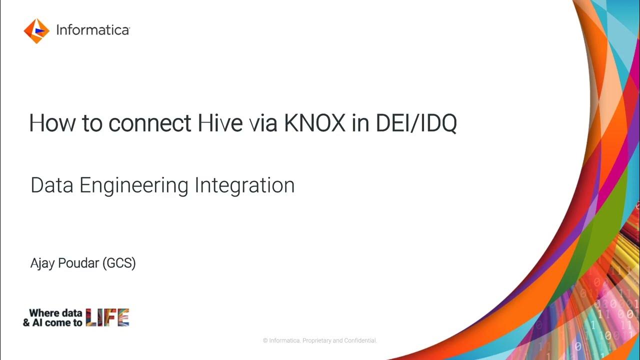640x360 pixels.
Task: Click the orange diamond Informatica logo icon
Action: point(36,31)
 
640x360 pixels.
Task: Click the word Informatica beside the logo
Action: point(92,30)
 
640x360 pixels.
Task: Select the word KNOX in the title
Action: point(314,123)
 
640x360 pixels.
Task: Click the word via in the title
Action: point(263,123)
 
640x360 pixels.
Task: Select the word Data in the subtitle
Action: point(52,185)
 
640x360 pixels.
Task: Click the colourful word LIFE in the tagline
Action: point(107,318)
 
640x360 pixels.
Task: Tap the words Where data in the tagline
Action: point(55,313)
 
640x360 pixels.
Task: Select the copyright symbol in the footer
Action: point(265,341)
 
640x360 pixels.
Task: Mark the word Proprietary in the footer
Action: point(317,341)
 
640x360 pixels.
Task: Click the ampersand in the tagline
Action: point(26,323)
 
